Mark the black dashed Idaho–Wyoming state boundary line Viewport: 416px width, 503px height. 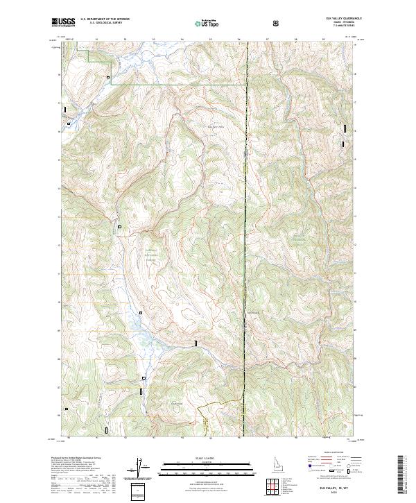pos(245,208)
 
